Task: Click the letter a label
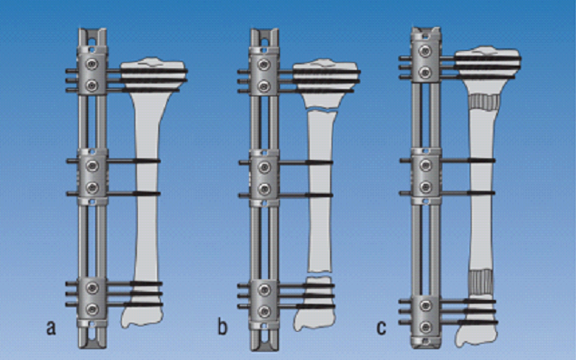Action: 52,327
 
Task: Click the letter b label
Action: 223,327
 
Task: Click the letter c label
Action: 382,327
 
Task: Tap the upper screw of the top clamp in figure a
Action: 92,65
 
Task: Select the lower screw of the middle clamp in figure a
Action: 92,187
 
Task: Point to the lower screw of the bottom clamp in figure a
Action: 92,309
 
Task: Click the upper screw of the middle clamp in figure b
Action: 263,167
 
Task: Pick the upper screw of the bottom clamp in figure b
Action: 263,290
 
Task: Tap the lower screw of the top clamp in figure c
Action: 425,73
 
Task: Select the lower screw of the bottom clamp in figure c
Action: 425,326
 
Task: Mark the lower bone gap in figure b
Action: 319,274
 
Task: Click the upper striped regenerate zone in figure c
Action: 484,102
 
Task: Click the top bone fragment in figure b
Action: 326,83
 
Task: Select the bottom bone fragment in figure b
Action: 314,304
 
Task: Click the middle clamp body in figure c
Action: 425,176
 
